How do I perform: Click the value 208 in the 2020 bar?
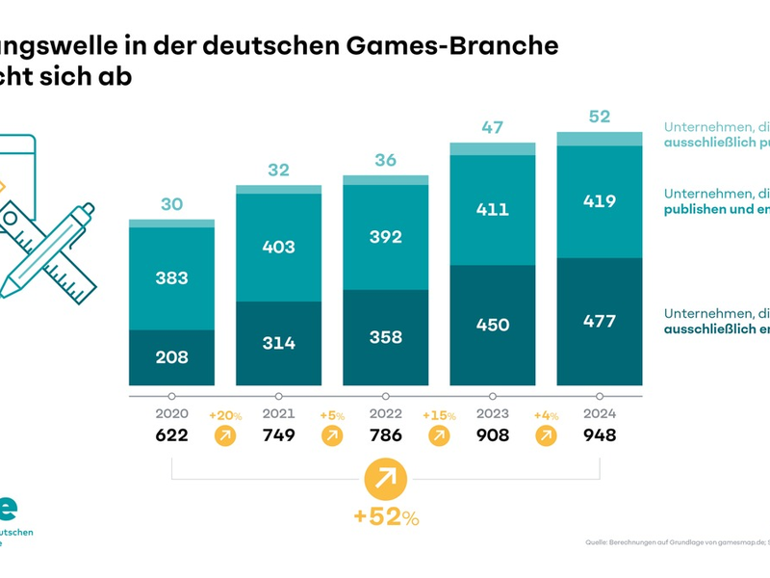tap(171, 357)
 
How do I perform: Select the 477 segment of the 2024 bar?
tap(599, 322)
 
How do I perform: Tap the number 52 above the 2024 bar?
tap(599, 117)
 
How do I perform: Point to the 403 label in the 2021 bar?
tap(278, 248)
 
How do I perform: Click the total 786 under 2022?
tap(385, 435)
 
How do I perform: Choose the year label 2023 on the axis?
tap(492, 414)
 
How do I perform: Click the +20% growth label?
tap(224, 415)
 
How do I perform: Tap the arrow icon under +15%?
tap(438, 436)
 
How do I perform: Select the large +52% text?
tap(385, 517)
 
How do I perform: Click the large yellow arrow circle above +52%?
tap(385, 478)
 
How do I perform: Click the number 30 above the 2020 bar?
tap(171, 204)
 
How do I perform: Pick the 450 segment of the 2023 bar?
tap(492, 326)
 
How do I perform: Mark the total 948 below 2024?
tap(599, 435)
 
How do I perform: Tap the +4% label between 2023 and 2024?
tap(545, 415)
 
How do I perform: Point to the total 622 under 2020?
tap(171, 435)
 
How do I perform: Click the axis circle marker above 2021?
tap(278, 396)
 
